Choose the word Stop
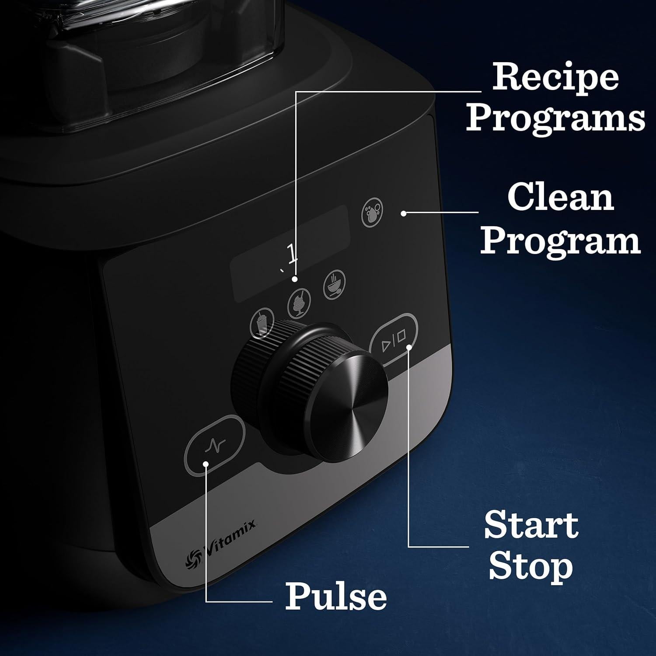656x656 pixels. tap(530, 567)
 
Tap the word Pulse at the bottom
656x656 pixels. tap(336, 596)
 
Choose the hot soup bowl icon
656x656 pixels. tap(334, 284)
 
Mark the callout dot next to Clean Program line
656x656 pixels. tap(404, 213)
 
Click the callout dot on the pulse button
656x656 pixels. tap(206, 463)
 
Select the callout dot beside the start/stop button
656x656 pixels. tap(409, 347)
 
